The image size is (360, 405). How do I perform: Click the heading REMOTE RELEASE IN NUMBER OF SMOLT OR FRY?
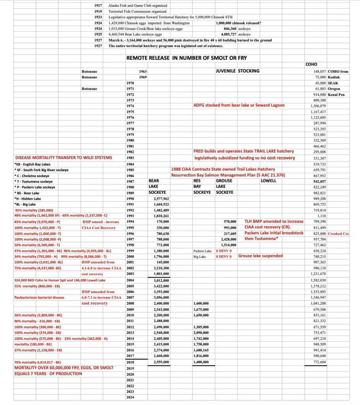[x=187, y=58]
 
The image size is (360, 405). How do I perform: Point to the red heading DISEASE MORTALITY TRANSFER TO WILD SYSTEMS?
[x=63, y=157]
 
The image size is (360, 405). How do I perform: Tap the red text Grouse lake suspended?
[x=260, y=256]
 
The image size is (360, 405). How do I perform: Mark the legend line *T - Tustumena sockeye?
[x=35, y=181]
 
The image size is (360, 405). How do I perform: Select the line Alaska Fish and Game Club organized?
[x=138, y=6]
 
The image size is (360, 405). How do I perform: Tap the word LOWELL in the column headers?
[x=269, y=181]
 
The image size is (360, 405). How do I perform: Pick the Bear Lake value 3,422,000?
[x=160, y=286]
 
